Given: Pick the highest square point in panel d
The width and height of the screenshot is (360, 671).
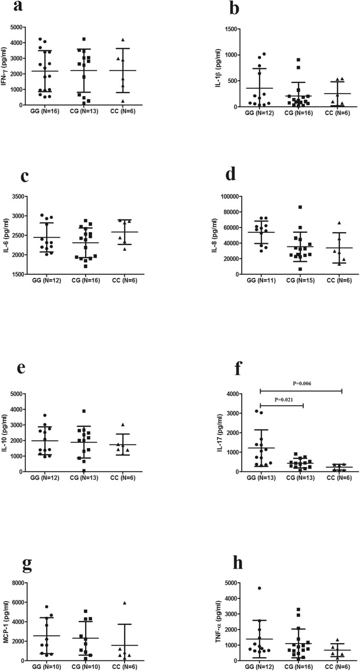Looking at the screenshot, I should (x=300, y=207).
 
